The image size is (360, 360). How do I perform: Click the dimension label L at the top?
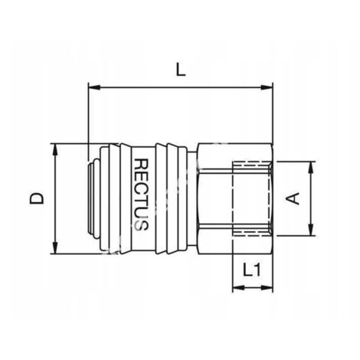tap(181, 70)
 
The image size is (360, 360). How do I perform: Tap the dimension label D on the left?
tap(37, 198)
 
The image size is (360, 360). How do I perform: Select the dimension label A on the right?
tap(292, 199)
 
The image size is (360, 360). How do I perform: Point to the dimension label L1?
tap(252, 270)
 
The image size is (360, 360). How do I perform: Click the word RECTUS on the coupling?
tap(141, 195)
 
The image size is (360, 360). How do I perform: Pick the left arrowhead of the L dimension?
tap(93, 87)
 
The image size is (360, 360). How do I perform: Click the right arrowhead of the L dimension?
tap(267, 87)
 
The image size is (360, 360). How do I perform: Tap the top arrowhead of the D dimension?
tap(55, 149)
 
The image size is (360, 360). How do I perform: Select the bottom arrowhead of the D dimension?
tap(55, 248)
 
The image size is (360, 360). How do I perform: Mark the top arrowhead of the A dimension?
tap(311, 168)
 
